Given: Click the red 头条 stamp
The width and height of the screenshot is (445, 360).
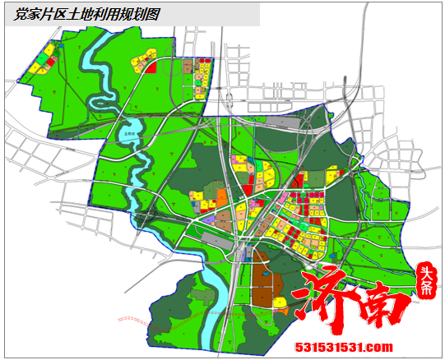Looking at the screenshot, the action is click(x=426, y=280).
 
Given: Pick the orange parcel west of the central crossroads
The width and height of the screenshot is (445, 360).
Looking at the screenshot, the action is click(x=221, y=197).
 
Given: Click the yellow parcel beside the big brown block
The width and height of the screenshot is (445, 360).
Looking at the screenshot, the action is click(x=280, y=302).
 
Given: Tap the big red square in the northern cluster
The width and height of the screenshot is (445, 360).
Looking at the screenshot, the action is click(x=151, y=67).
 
